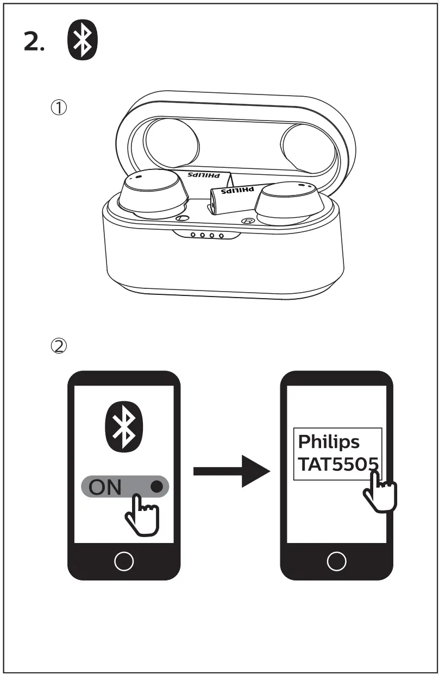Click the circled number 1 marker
point(59,108)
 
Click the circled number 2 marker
point(59,345)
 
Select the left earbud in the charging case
point(150,195)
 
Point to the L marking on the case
point(183,218)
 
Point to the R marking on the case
point(248,222)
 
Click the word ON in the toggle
point(105,487)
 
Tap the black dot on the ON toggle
point(157,487)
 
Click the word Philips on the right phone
point(329,442)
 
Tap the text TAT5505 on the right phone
point(337,465)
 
